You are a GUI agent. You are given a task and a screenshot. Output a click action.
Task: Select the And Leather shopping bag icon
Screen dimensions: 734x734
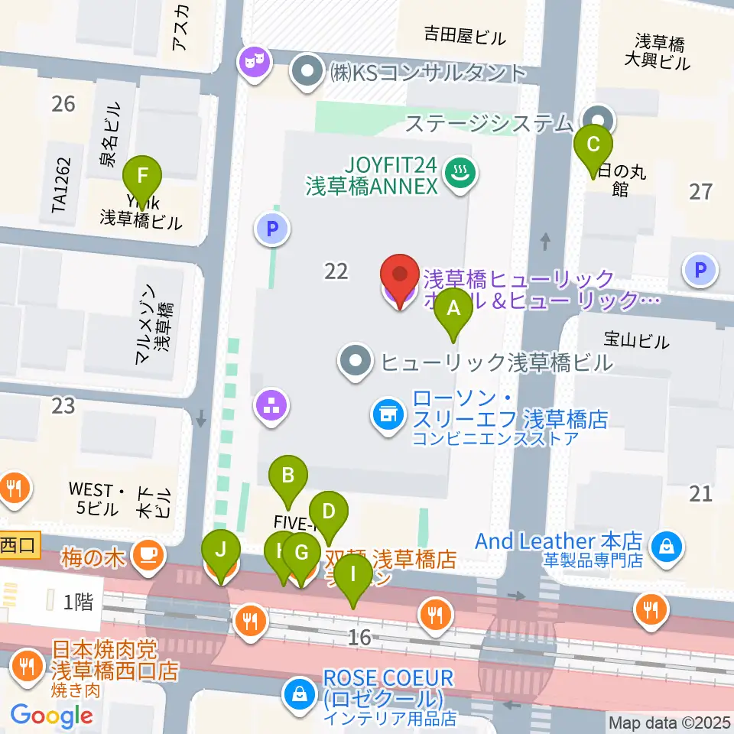tap(667, 546)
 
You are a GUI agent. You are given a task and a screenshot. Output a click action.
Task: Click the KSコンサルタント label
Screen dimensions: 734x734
tap(428, 73)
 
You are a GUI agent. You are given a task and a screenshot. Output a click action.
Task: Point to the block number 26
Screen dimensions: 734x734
tap(63, 102)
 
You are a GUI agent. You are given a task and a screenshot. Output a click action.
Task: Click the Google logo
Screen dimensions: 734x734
tap(52, 716)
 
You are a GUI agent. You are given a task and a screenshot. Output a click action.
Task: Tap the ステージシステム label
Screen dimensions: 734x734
tap(489, 122)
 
